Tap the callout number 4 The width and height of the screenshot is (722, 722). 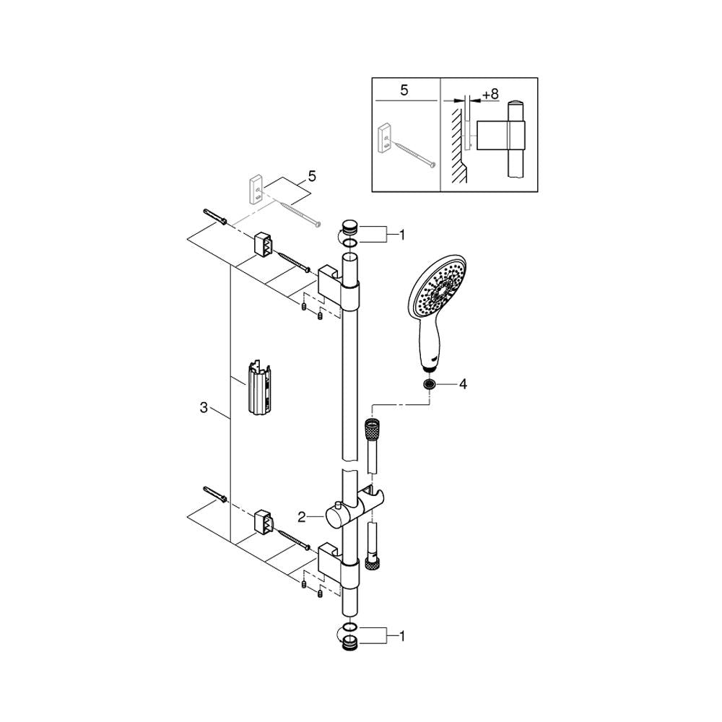coord(463,384)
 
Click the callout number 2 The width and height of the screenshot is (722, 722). coord(302,517)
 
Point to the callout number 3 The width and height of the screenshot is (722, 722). coord(204,407)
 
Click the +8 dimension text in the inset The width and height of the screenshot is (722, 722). coord(490,94)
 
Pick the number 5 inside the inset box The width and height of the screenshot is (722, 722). coord(404,90)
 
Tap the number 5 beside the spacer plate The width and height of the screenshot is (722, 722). coord(312,176)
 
